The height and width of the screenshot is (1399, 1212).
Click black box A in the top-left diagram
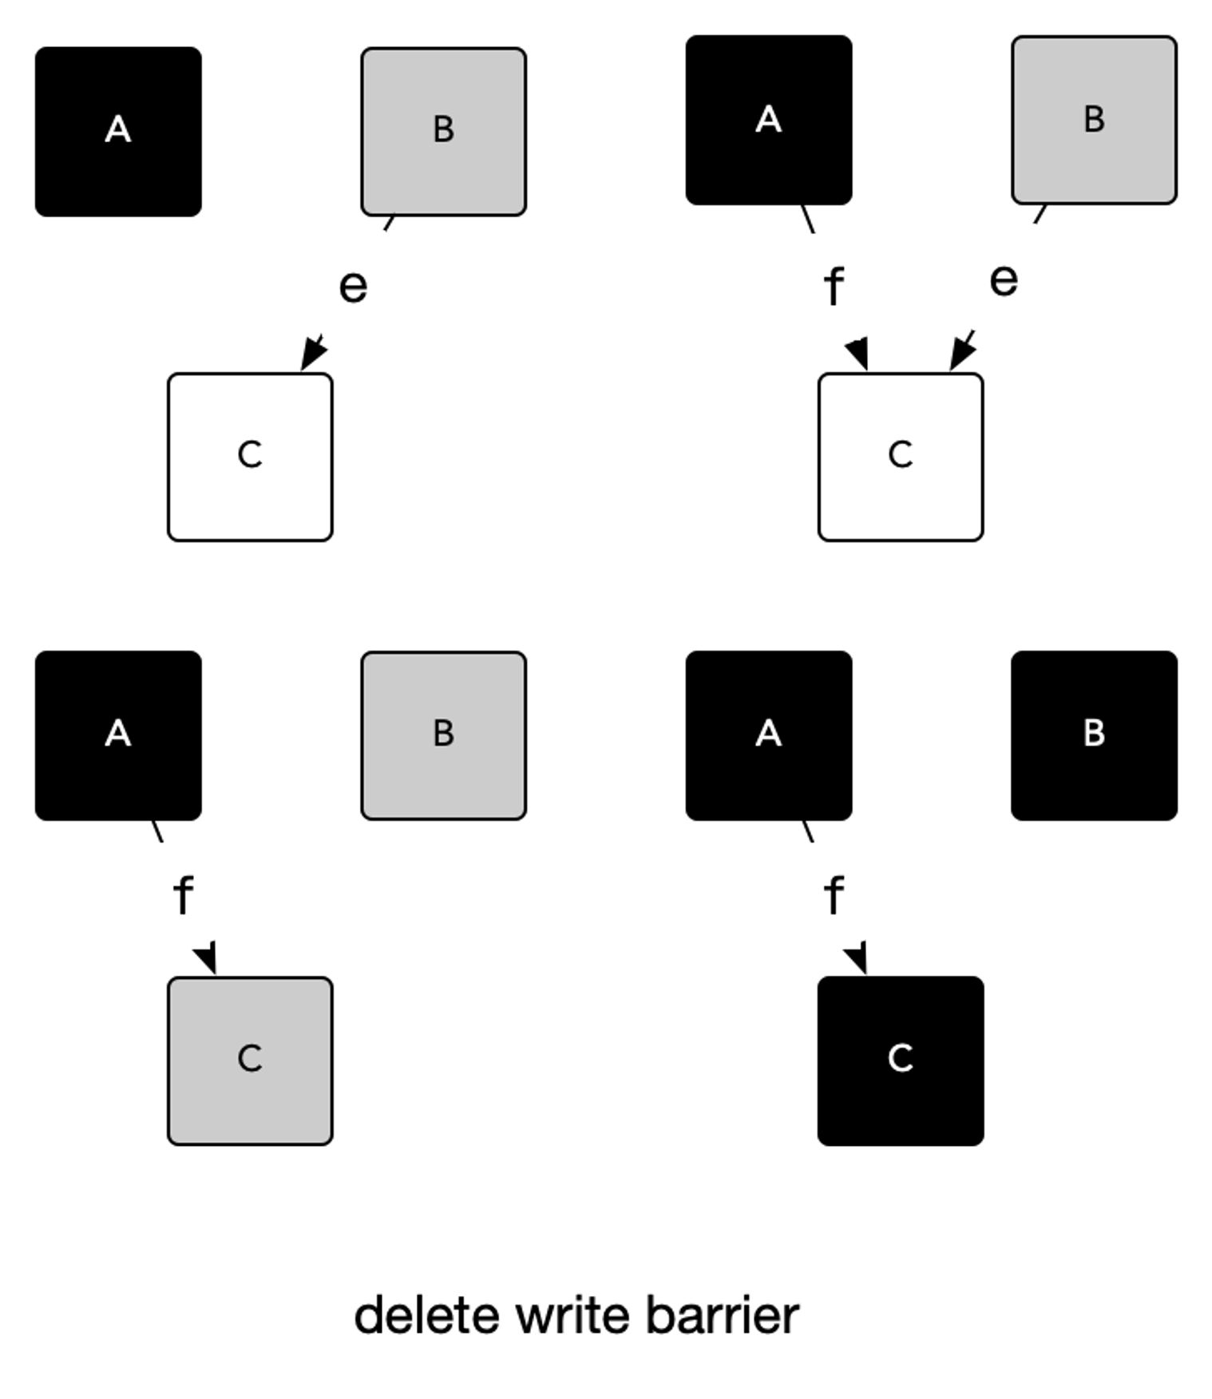(118, 132)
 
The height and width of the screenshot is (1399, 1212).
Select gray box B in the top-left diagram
(443, 132)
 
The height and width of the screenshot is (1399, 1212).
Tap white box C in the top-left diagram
(250, 457)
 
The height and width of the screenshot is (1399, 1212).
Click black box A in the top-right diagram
(769, 120)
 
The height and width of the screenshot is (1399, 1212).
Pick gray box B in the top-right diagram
(1094, 120)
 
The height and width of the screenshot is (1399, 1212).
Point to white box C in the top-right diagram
(901, 457)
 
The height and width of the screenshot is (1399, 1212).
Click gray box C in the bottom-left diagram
(250, 1060)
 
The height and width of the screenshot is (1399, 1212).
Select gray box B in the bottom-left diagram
(443, 735)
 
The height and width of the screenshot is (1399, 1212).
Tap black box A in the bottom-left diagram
(118, 735)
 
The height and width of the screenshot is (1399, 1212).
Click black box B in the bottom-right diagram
(1094, 735)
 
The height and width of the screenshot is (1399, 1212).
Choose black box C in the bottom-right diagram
(901, 1060)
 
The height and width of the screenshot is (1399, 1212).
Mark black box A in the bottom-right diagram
(769, 735)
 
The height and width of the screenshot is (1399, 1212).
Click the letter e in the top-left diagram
(353, 286)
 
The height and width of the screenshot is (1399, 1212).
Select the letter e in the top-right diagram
(1004, 280)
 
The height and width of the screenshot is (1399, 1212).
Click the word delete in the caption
(427, 1315)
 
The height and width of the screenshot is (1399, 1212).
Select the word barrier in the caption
(722, 1315)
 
